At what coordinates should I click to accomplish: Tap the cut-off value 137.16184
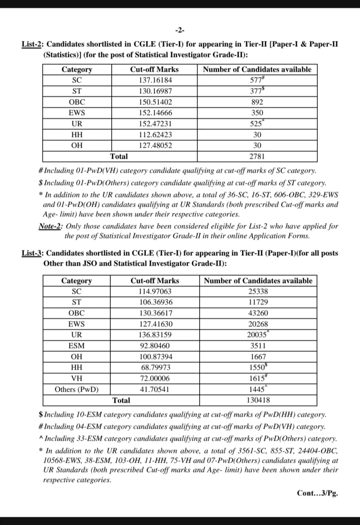(x=155, y=80)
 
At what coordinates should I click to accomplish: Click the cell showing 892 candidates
(x=257, y=102)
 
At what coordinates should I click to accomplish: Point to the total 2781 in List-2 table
(x=257, y=156)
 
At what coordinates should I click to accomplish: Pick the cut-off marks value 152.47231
(x=155, y=124)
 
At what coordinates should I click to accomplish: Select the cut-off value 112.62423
(x=155, y=135)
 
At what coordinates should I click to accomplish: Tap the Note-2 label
(x=50, y=226)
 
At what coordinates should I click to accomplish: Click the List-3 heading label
(x=32, y=253)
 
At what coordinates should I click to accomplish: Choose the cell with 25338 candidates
(x=258, y=291)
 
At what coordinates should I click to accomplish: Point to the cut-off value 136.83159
(x=154, y=335)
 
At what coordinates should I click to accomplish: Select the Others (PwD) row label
(x=77, y=389)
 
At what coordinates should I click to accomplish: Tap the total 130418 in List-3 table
(x=258, y=400)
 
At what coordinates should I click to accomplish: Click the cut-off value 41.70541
(x=154, y=389)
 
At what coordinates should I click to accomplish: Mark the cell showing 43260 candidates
(x=258, y=313)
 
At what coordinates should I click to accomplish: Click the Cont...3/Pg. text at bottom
(x=317, y=493)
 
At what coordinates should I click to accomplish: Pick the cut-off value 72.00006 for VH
(x=154, y=378)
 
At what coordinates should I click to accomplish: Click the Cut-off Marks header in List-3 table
(x=154, y=280)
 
